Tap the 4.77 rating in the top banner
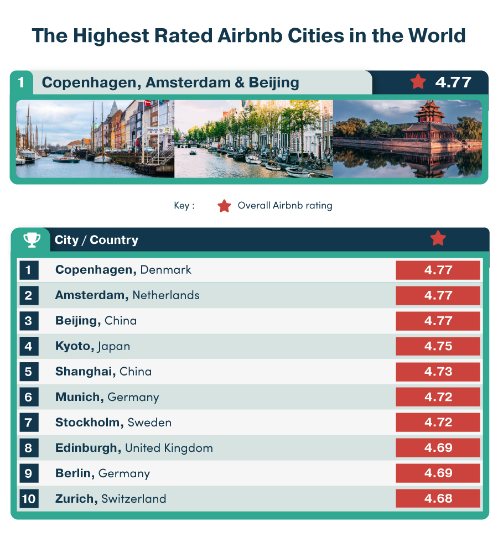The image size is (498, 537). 453,82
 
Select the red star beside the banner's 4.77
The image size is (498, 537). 418,82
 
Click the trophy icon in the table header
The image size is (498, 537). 32,240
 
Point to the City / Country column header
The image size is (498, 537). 96,240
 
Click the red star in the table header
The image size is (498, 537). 438,238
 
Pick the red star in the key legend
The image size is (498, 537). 224,206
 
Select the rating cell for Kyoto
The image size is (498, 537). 438,346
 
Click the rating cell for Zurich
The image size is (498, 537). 438,499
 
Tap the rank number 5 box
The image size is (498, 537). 28,372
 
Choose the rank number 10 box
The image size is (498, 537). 28,499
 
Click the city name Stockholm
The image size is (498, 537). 90,423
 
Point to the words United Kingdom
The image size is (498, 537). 169,448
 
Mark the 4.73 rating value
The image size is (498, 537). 438,372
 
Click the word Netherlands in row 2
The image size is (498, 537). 166,295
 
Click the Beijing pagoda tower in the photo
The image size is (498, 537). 430,119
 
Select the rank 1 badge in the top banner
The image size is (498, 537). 21,82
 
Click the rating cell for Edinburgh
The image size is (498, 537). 438,448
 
